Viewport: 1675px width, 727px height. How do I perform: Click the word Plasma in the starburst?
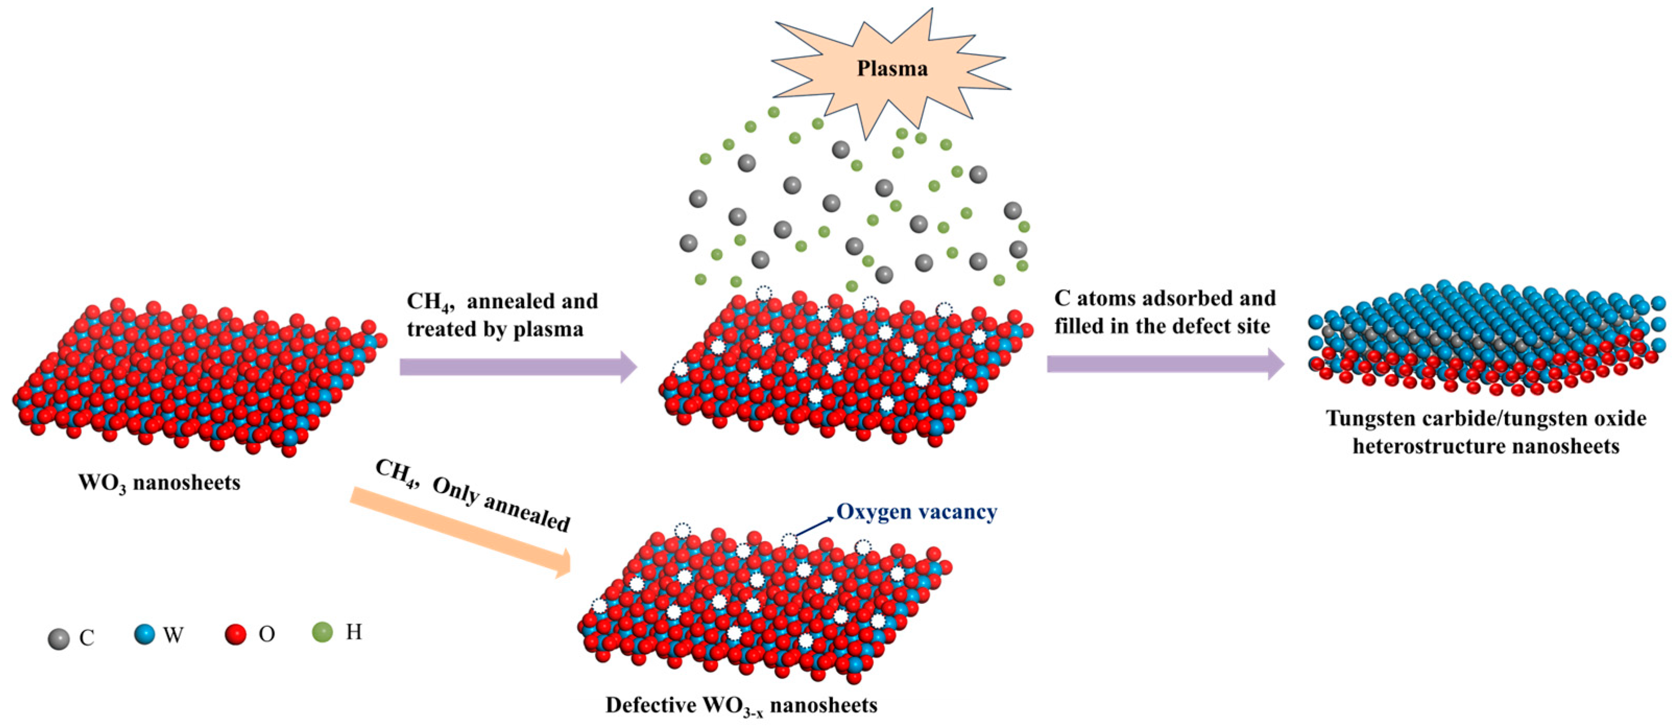pos(891,69)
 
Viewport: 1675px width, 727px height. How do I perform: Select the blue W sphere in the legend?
pos(144,634)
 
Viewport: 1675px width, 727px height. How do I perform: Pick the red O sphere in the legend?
pos(235,634)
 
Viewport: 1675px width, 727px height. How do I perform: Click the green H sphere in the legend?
pos(322,631)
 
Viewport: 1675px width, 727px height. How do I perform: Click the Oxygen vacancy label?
pos(916,512)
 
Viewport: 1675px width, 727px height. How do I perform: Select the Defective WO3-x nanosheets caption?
pos(741,706)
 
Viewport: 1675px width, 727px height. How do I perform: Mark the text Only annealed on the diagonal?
pos(501,505)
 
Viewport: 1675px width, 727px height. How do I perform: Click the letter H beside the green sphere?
pos(354,631)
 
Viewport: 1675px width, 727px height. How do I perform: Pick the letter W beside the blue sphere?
pos(173,635)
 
